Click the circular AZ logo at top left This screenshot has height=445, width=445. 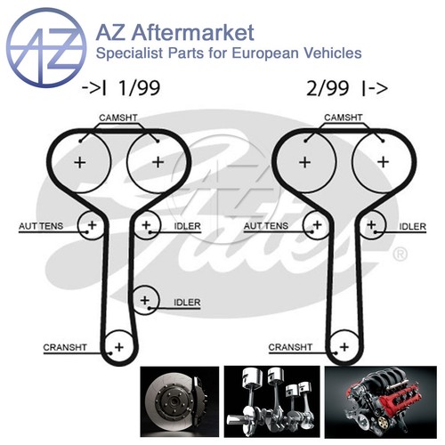click(46, 47)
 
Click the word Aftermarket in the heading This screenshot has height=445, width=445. click(193, 32)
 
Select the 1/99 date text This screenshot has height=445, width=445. click(139, 88)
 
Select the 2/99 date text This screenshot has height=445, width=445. click(328, 88)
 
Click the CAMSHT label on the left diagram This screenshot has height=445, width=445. click(118, 117)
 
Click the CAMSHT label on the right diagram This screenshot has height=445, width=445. click(344, 117)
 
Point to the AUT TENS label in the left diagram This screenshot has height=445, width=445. click(41, 226)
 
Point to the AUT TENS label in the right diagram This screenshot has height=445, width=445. click(266, 226)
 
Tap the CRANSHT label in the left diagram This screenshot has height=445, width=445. click(65, 347)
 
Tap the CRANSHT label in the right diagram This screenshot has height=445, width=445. click(290, 347)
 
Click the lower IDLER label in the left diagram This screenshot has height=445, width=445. click(187, 303)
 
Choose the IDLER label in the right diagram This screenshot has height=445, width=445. click(412, 227)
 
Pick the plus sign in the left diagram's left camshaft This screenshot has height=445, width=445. click(80, 163)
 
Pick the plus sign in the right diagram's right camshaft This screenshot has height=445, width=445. click(383, 162)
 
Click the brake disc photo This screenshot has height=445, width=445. click(180, 401)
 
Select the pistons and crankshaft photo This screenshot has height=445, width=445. click(271, 401)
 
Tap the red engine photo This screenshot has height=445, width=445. click(381, 402)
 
